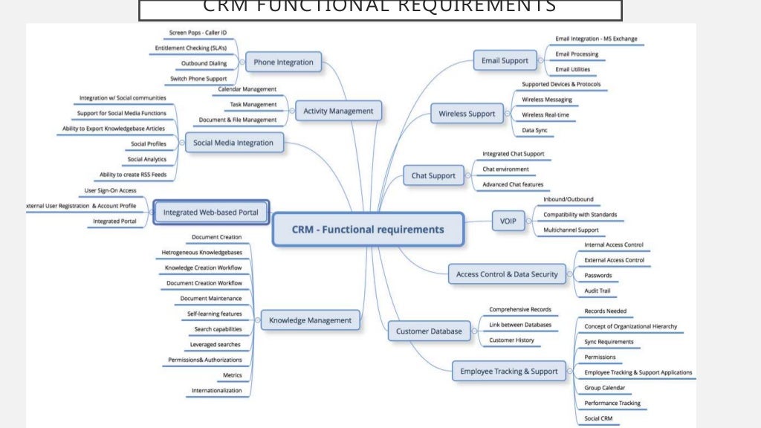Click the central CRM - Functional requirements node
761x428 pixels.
[x=368, y=230]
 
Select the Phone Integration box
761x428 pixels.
[x=283, y=62]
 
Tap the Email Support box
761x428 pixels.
[x=505, y=61]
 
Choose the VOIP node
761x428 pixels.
[x=508, y=221]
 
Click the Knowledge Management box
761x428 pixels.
[x=310, y=320]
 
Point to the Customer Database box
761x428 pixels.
[x=429, y=331]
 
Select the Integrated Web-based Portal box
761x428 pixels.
[x=211, y=213]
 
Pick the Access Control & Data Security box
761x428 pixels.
[x=507, y=274]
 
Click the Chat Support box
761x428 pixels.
[x=433, y=176]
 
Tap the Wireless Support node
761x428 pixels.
[x=467, y=114]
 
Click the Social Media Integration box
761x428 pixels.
[x=233, y=143]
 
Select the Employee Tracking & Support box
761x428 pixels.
[x=509, y=372]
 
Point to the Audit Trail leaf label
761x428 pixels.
[x=598, y=291]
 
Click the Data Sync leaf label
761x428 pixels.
[x=534, y=130]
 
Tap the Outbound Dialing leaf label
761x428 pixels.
[x=204, y=63]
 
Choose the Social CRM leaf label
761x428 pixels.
[x=599, y=418]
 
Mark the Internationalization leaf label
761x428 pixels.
[x=216, y=390]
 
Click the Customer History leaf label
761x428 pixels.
[x=511, y=340]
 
